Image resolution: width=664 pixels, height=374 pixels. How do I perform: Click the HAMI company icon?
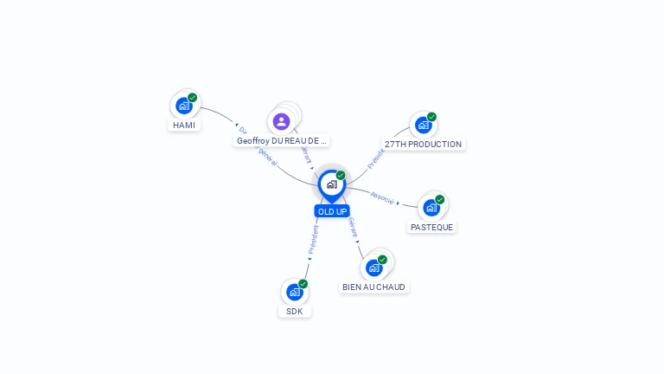(183, 106)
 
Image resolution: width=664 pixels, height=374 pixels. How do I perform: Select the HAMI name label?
(183, 125)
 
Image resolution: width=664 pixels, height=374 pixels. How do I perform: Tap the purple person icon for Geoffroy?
(281, 121)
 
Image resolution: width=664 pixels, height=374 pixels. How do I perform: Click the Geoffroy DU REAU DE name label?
(282, 140)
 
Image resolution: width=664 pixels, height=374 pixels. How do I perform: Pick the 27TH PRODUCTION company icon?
(423, 125)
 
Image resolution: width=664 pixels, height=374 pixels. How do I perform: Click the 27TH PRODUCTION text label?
(423, 144)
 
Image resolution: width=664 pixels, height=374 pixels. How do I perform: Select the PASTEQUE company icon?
(431, 208)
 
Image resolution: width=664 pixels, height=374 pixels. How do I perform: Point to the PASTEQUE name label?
(431, 227)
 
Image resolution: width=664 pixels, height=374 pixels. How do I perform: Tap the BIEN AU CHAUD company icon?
(373, 268)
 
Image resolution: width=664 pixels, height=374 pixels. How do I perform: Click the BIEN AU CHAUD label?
(373, 287)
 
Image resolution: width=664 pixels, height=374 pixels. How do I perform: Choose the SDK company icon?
(294, 292)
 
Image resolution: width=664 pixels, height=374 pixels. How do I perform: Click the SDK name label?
(294, 311)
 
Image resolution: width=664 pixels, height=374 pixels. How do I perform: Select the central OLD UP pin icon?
(331, 184)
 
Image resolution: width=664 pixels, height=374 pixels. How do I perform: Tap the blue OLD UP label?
(332, 211)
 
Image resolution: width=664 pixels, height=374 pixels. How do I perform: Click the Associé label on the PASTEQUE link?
(382, 197)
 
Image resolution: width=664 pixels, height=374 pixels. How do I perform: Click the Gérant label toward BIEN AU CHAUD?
(352, 227)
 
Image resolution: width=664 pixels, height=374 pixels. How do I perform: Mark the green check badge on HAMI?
(192, 98)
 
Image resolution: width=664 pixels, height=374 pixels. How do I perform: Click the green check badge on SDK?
(303, 284)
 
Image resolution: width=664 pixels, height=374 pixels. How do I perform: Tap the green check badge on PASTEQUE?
(439, 200)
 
